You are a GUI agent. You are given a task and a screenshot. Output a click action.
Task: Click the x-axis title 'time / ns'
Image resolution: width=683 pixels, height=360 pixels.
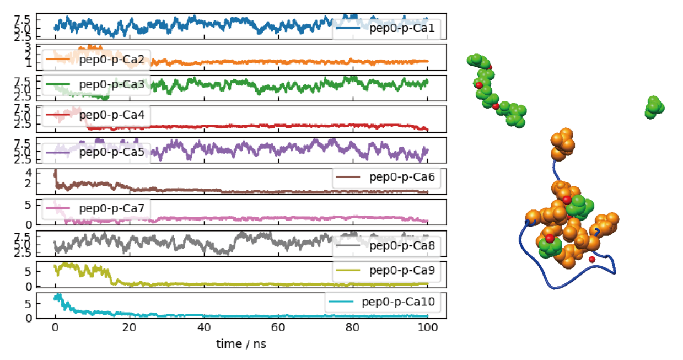click(x=241, y=343)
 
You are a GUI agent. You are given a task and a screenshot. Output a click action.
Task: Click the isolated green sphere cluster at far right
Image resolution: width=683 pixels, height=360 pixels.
click(x=654, y=108)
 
